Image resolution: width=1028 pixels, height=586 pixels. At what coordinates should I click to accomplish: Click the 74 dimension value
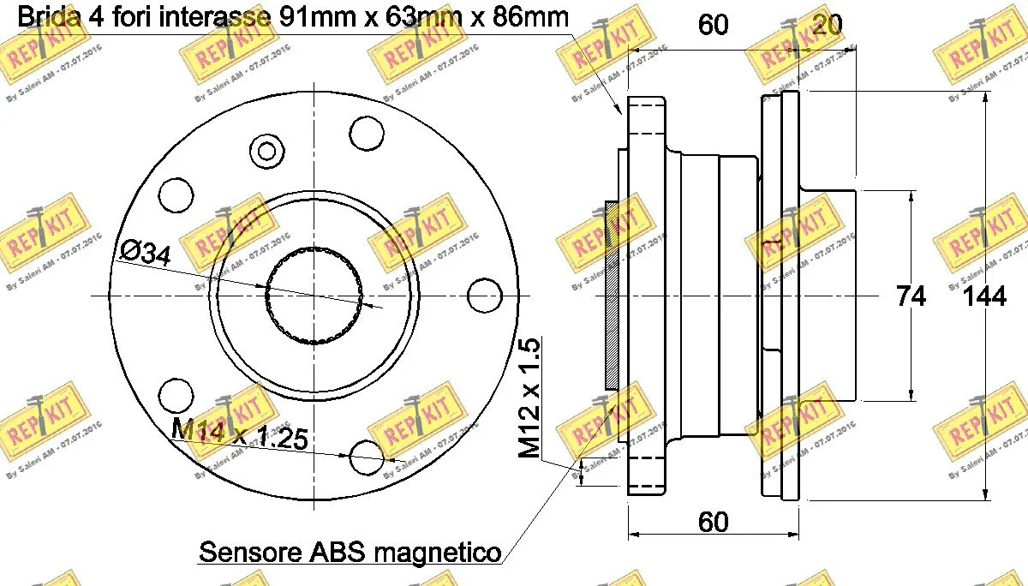[x=910, y=296]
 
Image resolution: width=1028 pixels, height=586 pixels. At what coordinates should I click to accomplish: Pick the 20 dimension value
[x=826, y=25]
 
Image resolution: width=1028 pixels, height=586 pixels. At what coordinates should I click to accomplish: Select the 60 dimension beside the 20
[x=713, y=25]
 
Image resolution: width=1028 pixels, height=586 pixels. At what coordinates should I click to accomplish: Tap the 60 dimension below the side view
[x=713, y=522]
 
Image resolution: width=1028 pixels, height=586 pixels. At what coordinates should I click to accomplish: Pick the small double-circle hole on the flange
[x=267, y=152]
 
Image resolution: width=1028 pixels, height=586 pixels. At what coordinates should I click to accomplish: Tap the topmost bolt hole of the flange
[x=367, y=131]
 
